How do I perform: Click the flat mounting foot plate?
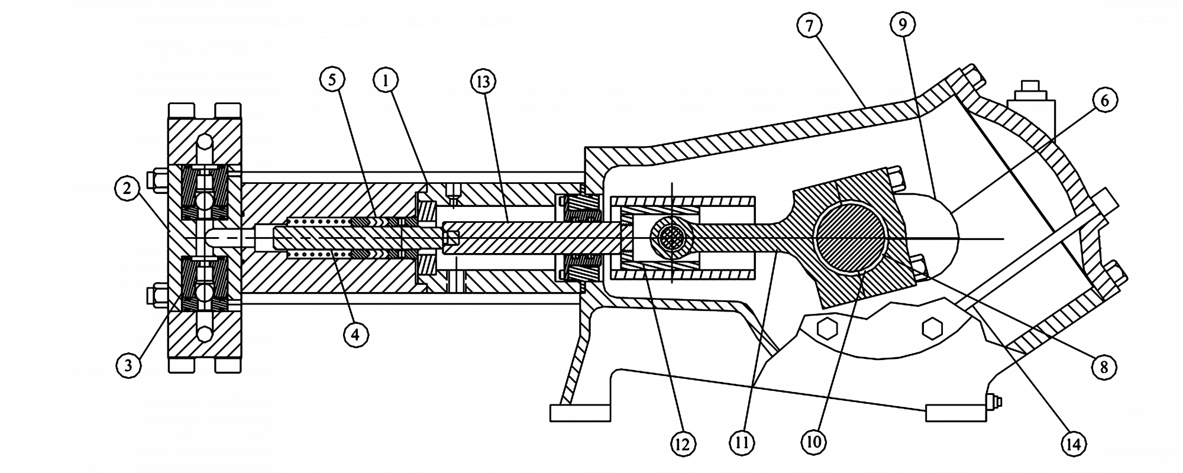coord(579,412)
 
